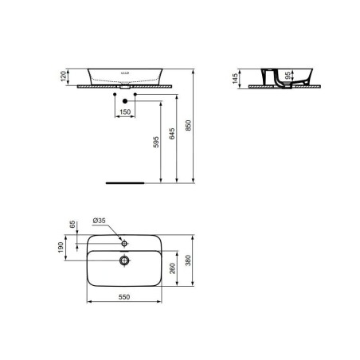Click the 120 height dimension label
(x=63, y=76)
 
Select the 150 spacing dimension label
(x=125, y=112)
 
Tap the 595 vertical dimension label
(x=156, y=142)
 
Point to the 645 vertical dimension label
(x=172, y=134)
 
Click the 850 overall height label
(x=188, y=126)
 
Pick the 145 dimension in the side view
(x=235, y=79)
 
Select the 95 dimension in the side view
(x=288, y=76)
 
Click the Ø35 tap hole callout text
(x=99, y=221)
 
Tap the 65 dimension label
(x=72, y=225)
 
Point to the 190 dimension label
(x=61, y=247)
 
